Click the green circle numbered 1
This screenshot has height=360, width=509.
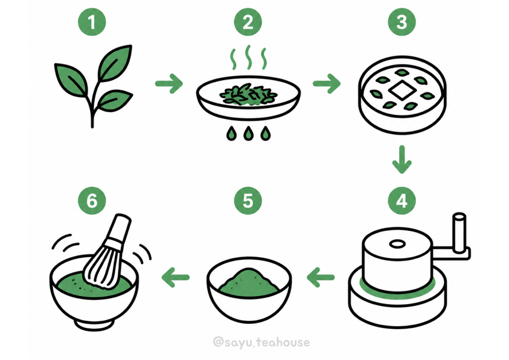click(x=92, y=22)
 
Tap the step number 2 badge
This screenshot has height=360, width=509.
click(x=248, y=22)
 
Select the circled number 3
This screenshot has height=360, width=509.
click(x=402, y=22)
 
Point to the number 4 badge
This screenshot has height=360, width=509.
click(x=402, y=201)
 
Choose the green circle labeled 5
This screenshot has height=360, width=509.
click(x=248, y=201)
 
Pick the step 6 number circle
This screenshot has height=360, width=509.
click(x=92, y=201)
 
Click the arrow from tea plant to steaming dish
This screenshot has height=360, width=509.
click(x=169, y=84)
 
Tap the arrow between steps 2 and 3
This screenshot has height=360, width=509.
click(x=327, y=84)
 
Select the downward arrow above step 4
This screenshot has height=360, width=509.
click(x=402, y=159)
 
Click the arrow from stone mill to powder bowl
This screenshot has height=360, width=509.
click(x=321, y=277)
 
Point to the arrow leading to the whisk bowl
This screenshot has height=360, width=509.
click(x=176, y=277)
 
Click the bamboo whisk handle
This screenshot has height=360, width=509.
click(x=119, y=228)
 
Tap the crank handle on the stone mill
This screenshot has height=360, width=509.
click(x=460, y=232)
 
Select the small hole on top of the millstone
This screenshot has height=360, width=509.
click(x=397, y=244)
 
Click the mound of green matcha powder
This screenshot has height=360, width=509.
click(x=249, y=280)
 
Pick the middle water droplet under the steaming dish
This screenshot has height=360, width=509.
click(x=248, y=133)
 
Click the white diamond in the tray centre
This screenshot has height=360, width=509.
click(x=402, y=90)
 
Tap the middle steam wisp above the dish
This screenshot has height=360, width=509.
click(x=248, y=57)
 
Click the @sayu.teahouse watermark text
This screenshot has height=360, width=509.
click(x=261, y=342)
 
